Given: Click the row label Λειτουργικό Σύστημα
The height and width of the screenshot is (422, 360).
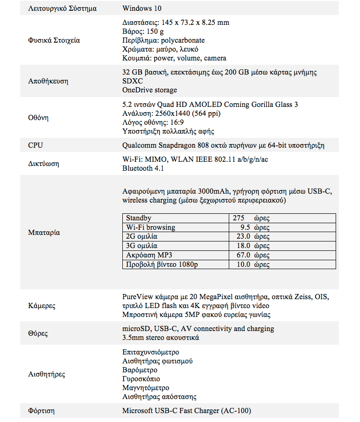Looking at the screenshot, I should point(62,8).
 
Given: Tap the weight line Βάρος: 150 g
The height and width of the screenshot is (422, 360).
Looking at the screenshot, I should point(143,31).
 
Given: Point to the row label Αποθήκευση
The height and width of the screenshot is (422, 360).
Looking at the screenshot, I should point(48,81).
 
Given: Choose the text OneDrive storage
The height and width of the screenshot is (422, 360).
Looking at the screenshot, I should point(150,90).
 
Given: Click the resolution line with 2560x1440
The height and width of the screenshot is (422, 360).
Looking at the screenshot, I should point(172,113).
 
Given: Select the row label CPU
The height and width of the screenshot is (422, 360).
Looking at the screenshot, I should point(35,145).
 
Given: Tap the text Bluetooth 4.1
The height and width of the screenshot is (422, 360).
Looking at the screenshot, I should point(143,168).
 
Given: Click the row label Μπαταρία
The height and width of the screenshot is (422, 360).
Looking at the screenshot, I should point(44,232).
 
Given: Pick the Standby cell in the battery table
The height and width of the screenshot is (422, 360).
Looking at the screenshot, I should point(139,219).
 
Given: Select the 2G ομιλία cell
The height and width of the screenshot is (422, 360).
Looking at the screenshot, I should point(142,236).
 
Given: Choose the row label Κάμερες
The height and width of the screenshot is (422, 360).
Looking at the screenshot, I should point(42,306).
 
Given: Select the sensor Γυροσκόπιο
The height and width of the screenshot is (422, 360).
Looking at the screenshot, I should point(141,379).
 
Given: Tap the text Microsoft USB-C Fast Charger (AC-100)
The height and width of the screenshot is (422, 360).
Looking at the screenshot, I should point(187,411).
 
